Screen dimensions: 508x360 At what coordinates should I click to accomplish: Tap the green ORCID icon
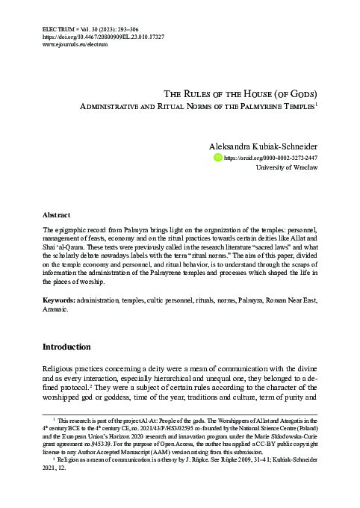[218, 158]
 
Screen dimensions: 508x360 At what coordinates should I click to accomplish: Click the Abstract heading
[57, 213]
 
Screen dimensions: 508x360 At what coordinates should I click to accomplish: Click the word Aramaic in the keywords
[56, 329]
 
